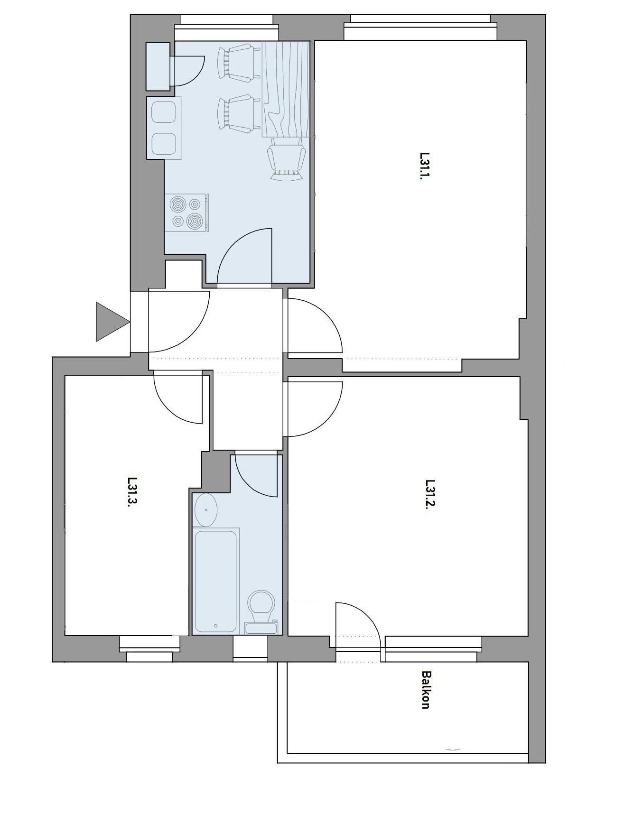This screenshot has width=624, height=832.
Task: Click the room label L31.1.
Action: tap(425, 166)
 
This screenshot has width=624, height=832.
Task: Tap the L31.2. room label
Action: tap(430, 494)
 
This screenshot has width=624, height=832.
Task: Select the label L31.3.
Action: tap(132, 491)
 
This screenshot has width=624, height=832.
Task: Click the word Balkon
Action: tap(426, 689)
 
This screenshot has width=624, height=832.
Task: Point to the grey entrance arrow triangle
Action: tap(111, 322)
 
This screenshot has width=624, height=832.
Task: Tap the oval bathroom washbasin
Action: tap(206, 510)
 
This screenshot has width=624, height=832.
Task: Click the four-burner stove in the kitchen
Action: tap(186, 213)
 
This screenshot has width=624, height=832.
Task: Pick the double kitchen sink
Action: tap(164, 128)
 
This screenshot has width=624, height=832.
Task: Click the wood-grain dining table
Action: tap(286, 89)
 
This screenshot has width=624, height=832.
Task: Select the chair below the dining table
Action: tap(286, 159)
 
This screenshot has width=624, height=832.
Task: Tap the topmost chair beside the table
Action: tap(238, 62)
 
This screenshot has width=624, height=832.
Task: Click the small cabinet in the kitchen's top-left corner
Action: tap(158, 66)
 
